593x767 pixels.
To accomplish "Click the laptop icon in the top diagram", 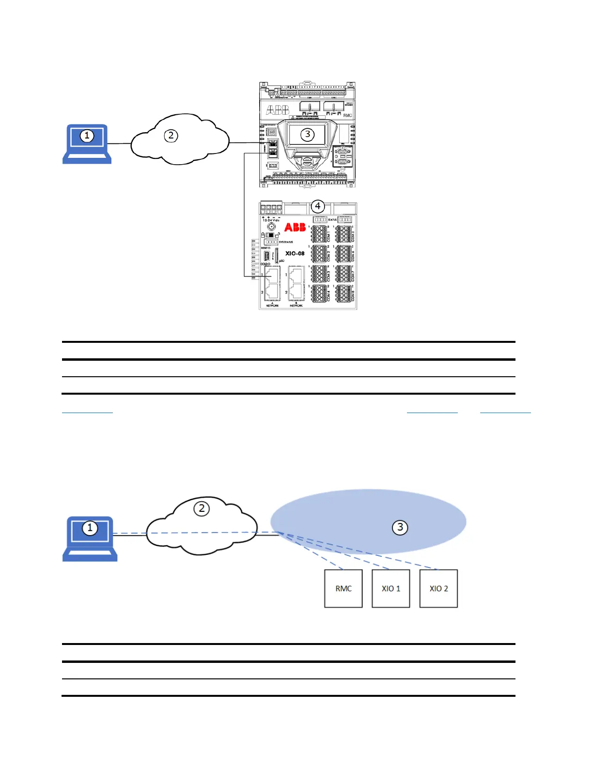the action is [x=87, y=144].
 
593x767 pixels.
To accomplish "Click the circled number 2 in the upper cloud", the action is [x=171, y=136].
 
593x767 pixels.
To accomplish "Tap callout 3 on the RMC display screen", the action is [x=308, y=135].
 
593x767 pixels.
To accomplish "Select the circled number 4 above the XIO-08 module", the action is [x=317, y=206].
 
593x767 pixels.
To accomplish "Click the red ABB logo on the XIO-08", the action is [x=295, y=227].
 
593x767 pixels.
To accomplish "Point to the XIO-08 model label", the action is [x=295, y=253].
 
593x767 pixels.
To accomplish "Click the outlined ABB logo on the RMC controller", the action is [x=278, y=110].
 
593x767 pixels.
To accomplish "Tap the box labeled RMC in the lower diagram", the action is [x=343, y=588].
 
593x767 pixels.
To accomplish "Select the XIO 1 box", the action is [x=391, y=588].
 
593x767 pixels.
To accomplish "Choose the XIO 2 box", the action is [x=438, y=588].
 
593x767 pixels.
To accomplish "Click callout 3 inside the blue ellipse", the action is [x=400, y=527].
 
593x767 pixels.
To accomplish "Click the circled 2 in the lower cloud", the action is [x=202, y=508].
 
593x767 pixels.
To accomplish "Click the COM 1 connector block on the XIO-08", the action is [x=319, y=234].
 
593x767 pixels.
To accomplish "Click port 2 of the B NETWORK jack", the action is [x=296, y=292].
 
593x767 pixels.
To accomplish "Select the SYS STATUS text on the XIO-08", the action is [x=286, y=242].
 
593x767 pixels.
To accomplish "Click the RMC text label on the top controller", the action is [x=347, y=115].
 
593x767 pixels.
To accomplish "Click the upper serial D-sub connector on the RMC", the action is [x=343, y=152].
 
